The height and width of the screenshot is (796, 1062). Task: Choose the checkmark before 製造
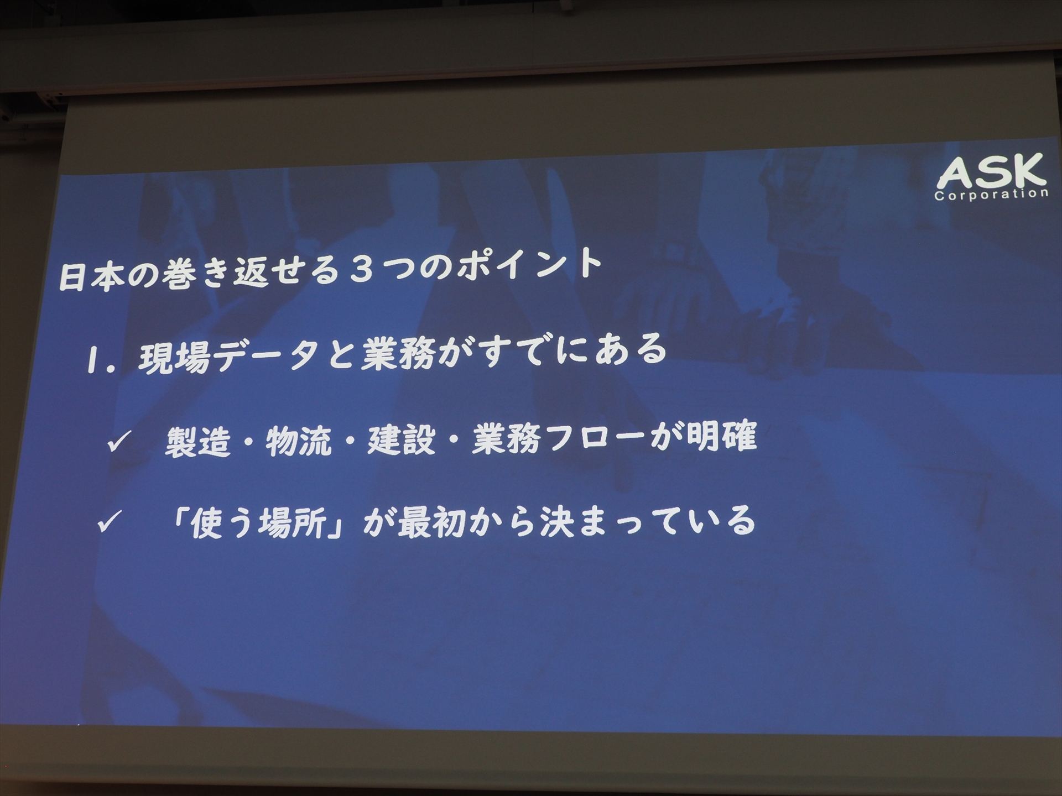pos(118,442)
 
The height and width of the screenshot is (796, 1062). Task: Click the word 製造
pos(197,442)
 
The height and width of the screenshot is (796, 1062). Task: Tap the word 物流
pos(299,442)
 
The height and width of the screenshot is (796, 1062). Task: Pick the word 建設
pos(400,439)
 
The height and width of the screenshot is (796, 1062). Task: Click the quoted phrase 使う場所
pos(257,522)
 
